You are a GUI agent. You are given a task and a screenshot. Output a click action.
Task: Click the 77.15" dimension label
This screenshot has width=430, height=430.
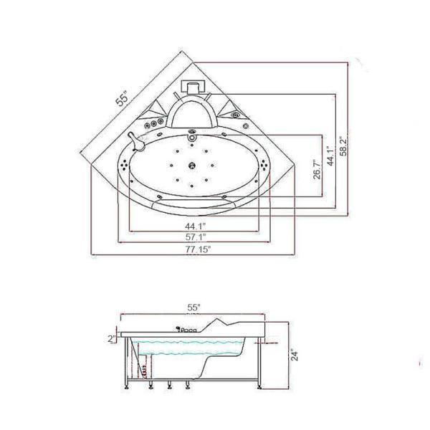click(198, 249)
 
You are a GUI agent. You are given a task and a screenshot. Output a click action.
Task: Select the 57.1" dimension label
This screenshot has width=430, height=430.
click(196, 237)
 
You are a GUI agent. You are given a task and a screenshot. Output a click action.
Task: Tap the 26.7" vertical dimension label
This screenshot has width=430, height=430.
click(317, 170)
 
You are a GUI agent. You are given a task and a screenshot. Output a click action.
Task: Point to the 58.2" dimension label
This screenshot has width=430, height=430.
click(343, 146)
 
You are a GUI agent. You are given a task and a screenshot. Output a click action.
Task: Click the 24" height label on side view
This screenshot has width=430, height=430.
click(295, 355)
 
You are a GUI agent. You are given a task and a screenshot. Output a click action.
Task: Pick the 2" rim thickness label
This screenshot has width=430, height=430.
click(112, 339)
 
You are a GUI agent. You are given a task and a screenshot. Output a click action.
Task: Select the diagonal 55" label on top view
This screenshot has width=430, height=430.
click(122, 98)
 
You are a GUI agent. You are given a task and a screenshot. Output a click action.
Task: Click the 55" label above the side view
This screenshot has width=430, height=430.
click(194, 307)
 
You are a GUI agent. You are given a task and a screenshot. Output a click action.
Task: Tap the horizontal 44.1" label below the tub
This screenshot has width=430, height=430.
click(196, 226)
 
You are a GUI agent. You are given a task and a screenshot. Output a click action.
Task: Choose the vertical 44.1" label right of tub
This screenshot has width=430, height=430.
click(331, 156)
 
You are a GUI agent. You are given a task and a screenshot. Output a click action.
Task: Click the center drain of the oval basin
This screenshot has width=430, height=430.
click(191, 165)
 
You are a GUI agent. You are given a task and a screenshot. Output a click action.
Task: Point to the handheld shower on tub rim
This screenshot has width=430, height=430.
click(136, 142)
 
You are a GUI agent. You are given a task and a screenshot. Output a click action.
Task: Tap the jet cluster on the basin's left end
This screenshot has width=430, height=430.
click(125, 165)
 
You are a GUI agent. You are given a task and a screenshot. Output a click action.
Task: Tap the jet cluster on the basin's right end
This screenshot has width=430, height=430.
click(264, 165)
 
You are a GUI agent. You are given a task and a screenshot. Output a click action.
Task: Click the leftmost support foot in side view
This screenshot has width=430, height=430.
click(126, 387)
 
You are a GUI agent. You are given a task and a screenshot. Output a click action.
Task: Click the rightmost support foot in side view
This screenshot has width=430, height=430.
click(259, 387)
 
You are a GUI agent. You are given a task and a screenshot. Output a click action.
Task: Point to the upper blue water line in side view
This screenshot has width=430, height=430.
click(188, 343)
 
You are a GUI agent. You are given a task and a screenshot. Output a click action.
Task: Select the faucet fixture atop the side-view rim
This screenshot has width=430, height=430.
click(186, 330)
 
